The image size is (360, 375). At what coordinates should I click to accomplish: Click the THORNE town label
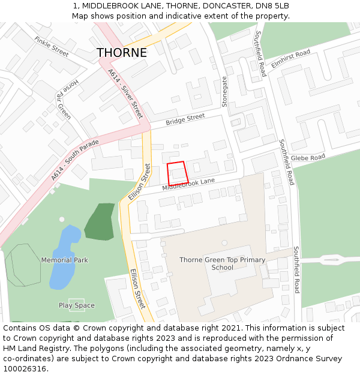(122, 53)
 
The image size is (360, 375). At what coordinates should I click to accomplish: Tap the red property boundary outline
(178, 173)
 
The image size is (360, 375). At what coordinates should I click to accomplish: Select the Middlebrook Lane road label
(188, 185)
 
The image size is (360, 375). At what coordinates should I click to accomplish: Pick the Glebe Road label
(310, 159)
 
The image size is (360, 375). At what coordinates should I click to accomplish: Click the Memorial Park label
(65, 260)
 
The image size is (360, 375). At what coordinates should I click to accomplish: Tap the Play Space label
(77, 305)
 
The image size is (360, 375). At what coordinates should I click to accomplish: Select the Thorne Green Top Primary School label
(222, 263)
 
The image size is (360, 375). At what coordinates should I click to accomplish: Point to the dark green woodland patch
(100, 221)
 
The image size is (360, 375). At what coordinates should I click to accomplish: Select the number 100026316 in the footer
(25, 369)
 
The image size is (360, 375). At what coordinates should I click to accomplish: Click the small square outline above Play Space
(76, 300)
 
